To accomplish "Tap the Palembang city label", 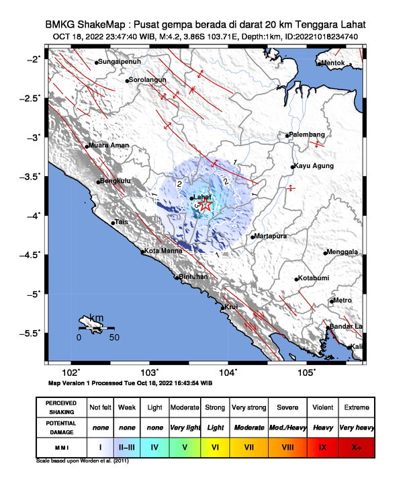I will point(308,134).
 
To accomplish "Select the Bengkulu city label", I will point(115,180).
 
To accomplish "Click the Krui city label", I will point(231,307).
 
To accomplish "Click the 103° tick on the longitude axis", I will point(149,372).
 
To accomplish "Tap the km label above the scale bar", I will point(96,318).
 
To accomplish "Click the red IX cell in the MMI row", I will point(322,446).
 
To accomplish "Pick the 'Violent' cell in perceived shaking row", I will point(322,407).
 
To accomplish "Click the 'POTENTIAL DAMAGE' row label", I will point(61,427).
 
